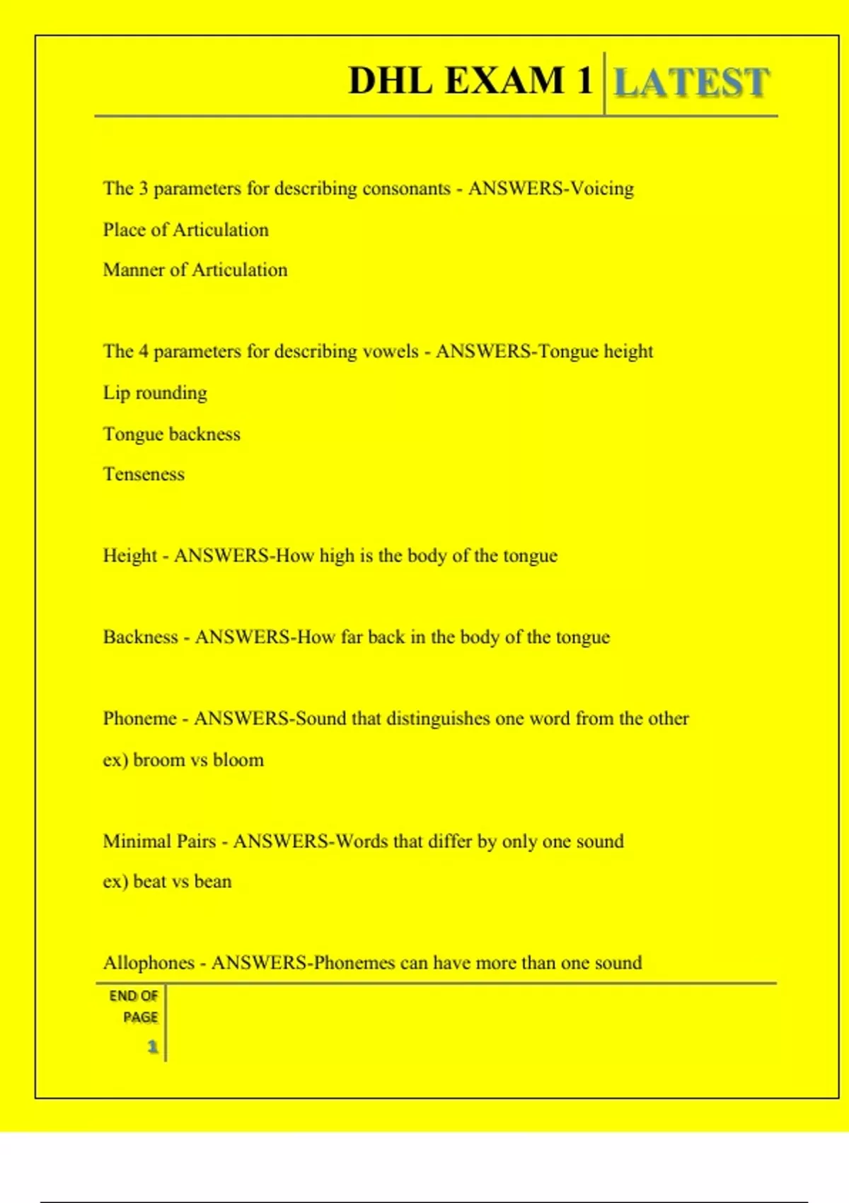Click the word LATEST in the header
coord(691,82)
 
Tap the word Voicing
coord(602,189)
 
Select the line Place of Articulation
coord(185,230)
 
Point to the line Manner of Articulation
coord(195,270)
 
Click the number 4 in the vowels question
coord(144,352)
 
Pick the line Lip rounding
coord(155,393)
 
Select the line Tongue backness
coord(172,434)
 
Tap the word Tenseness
coord(144,474)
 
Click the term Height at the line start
coord(129,556)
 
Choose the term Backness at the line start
coord(140,638)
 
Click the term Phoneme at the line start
coord(139,719)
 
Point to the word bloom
coord(238,760)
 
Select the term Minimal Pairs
coord(159,841)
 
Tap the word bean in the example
coord(213,882)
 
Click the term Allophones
coord(149,963)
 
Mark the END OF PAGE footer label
coord(134,1006)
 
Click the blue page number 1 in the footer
coord(152,1047)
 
